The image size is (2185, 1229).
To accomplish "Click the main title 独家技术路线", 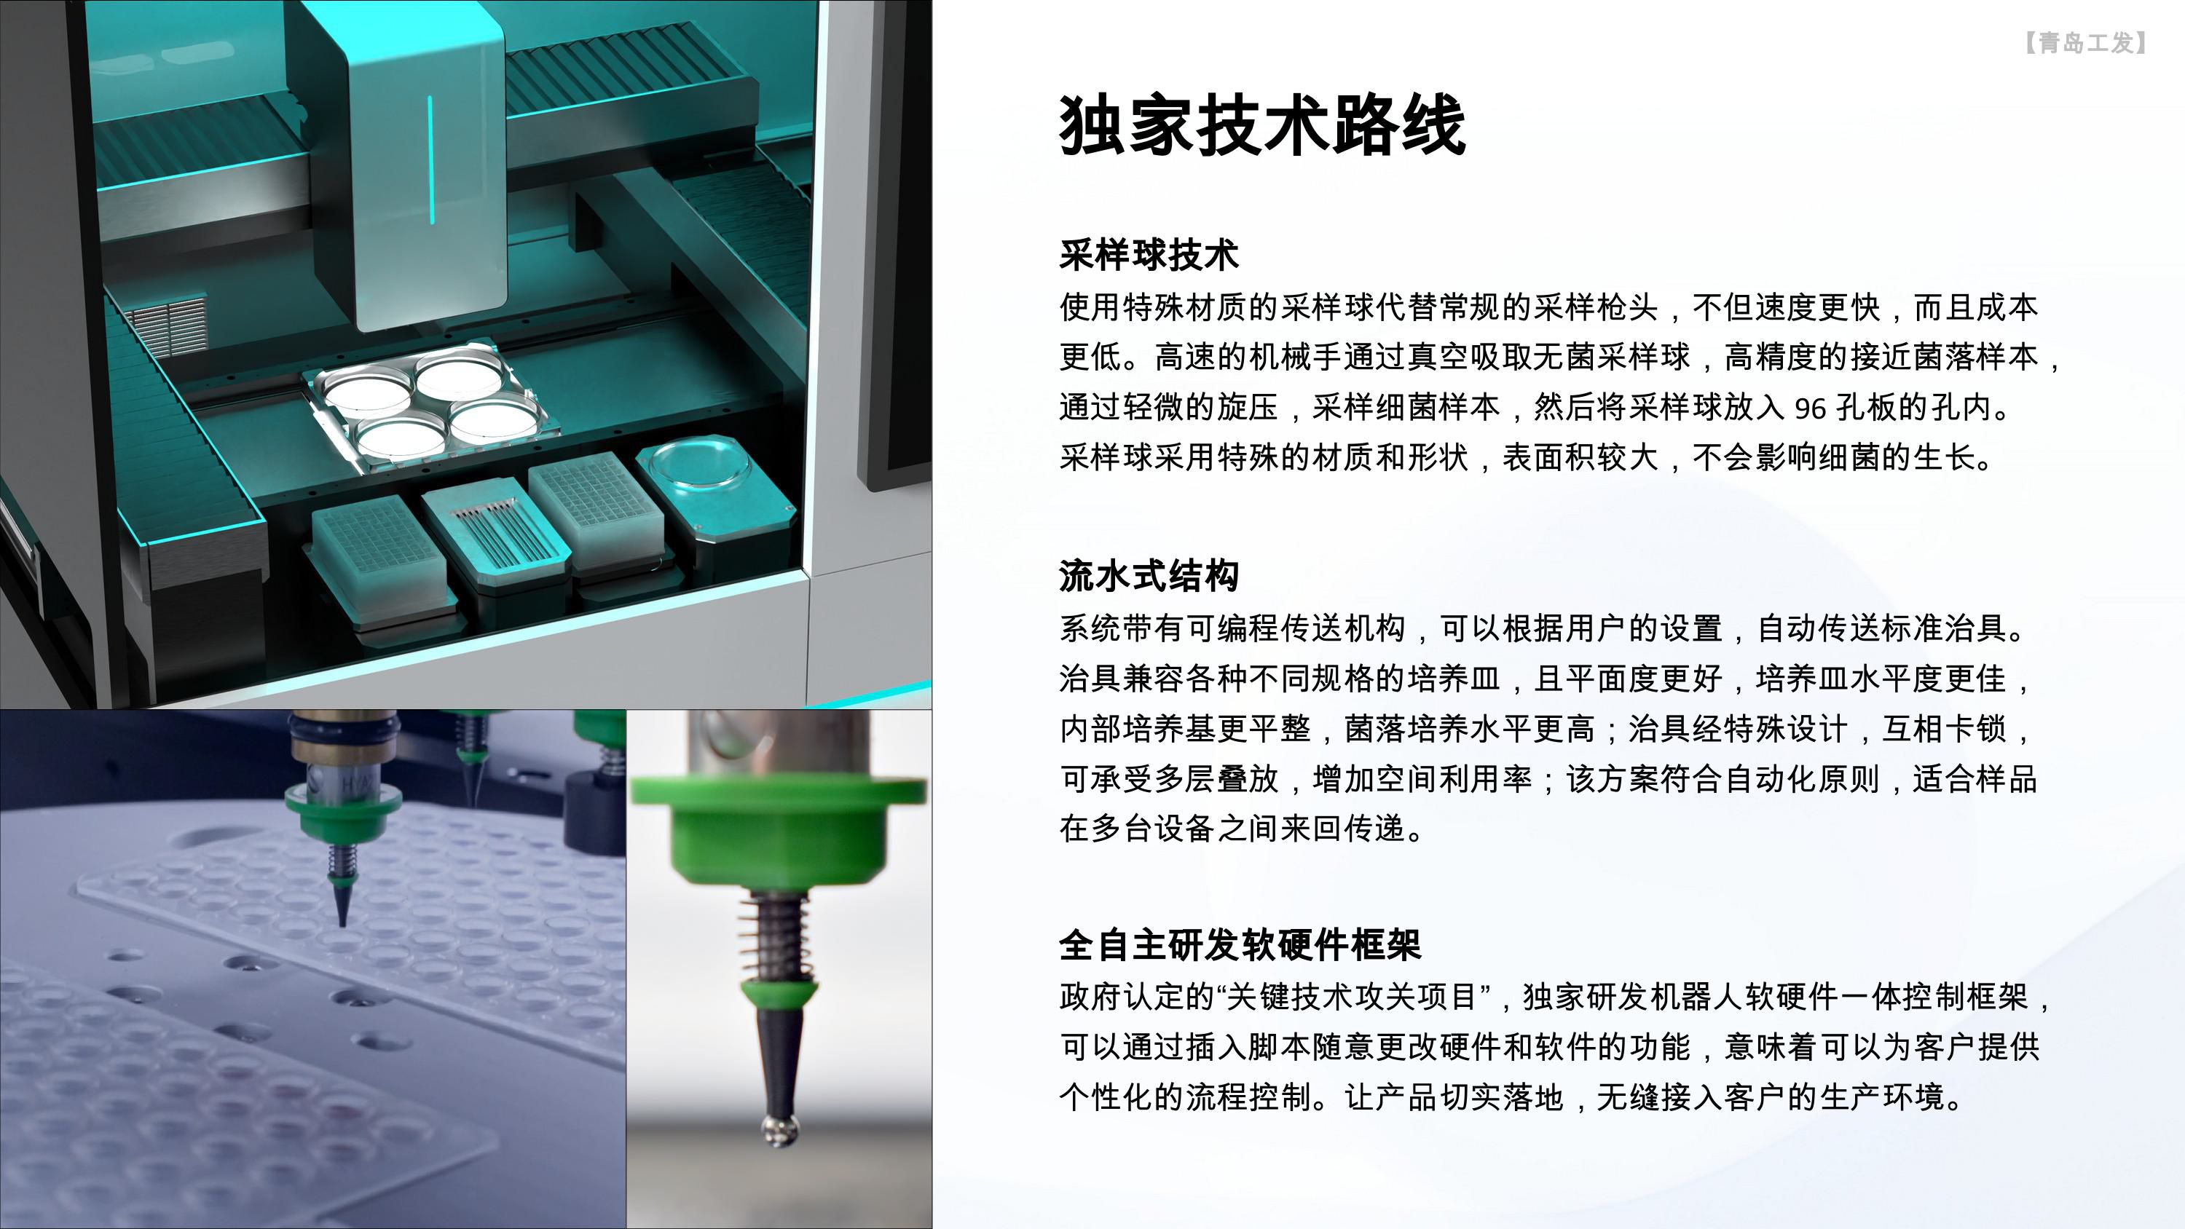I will (1262, 125).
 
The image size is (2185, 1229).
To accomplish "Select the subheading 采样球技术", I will (1149, 254).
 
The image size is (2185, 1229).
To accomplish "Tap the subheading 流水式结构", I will (1149, 576).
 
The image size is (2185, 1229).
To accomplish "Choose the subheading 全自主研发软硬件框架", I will (1239, 945).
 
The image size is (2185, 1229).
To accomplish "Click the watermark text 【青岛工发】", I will (2085, 42).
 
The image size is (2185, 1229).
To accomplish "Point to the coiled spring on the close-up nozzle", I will (773, 933).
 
